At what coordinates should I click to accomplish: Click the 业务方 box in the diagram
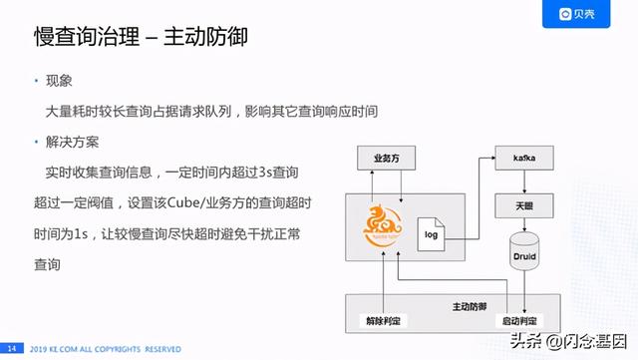386,159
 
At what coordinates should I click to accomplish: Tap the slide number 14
13,348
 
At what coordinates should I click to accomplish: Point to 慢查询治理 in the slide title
82,37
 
